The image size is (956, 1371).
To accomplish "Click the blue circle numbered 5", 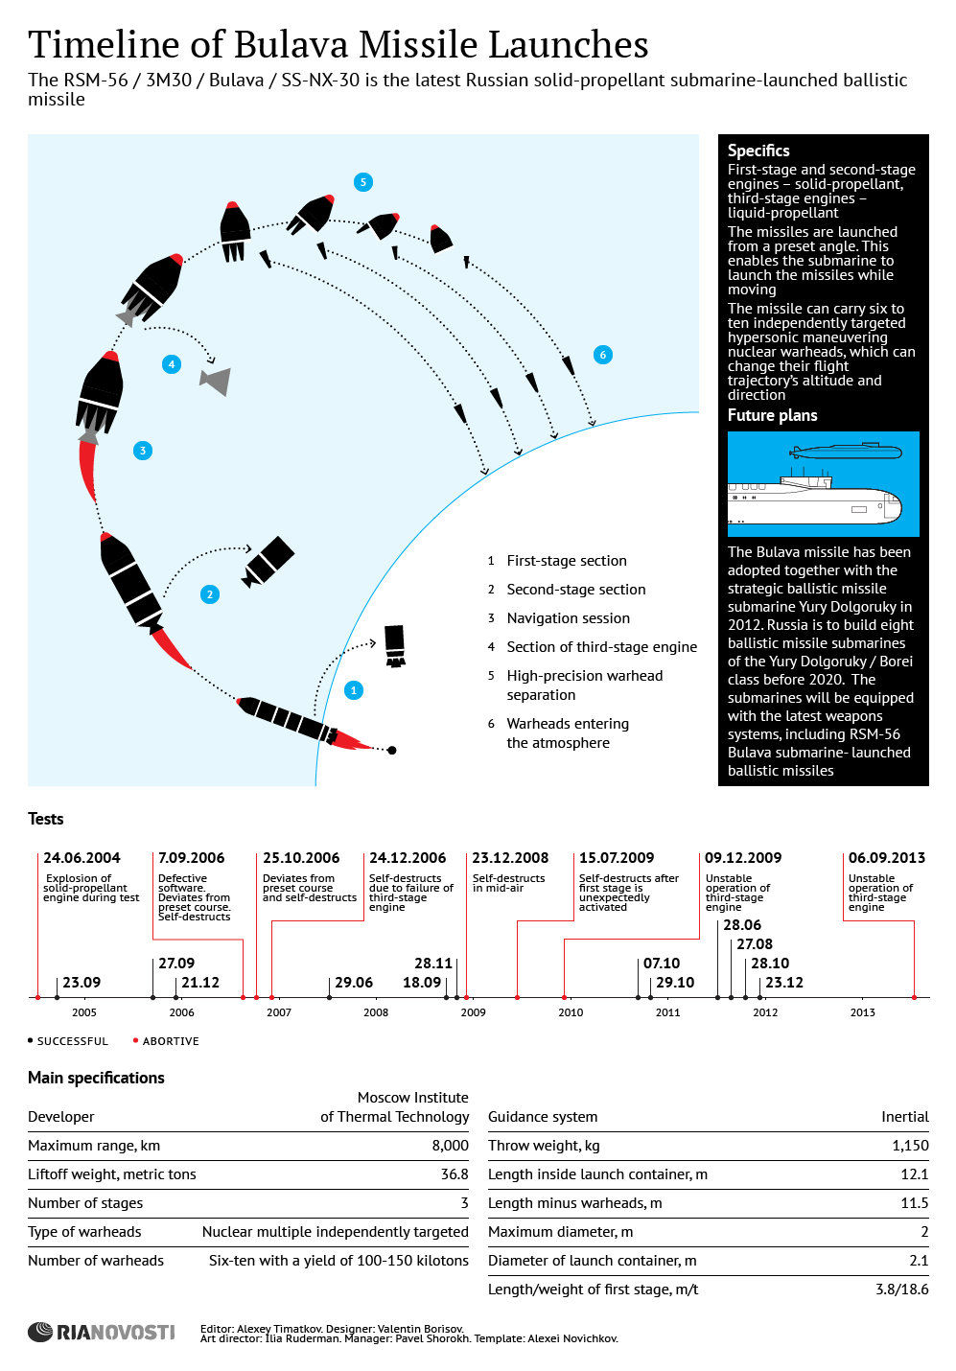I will (x=362, y=182).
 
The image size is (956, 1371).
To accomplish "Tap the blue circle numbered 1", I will (x=354, y=690).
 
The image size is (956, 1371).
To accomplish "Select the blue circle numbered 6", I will (x=602, y=355).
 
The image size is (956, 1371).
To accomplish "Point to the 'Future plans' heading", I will (x=772, y=415).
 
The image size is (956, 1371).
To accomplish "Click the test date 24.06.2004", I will (x=82, y=858).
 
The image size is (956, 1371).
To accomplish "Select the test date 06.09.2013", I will (x=887, y=858).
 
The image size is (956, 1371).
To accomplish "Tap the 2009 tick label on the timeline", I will (x=474, y=1012).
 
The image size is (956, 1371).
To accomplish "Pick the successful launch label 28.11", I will (x=433, y=964).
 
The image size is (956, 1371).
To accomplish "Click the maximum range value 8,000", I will (x=450, y=1146).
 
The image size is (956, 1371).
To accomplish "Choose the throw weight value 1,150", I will (x=910, y=1146).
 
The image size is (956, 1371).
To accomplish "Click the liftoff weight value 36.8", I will (x=454, y=1174).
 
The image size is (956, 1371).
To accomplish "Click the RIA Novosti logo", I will (x=102, y=1332).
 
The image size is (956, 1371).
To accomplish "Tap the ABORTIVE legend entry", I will (x=170, y=1041).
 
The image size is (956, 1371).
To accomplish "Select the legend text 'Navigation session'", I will (x=568, y=618).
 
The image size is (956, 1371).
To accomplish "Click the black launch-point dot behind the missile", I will (x=391, y=750).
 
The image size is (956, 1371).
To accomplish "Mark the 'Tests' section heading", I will (x=46, y=819).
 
